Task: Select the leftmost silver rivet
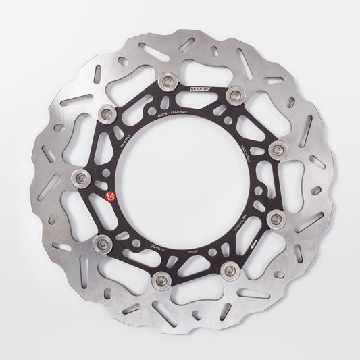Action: [x=82, y=178]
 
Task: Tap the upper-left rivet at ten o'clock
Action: [x=105, y=112]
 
